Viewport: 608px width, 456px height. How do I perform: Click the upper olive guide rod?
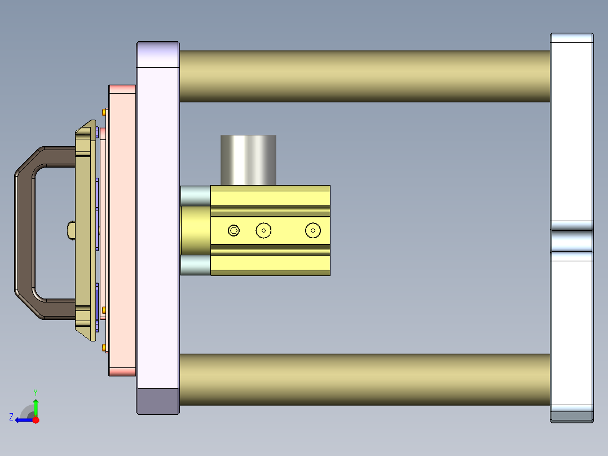[x=364, y=76]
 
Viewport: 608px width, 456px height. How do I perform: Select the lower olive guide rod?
[x=364, y=379]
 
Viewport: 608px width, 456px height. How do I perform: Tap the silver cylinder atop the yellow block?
[x=248, y=160]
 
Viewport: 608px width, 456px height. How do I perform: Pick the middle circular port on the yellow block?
[x=263, y=230]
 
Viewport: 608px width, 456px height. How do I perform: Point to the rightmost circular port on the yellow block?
[x=313, y=230]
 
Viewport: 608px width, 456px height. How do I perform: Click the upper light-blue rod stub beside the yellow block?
[x=195, y=196]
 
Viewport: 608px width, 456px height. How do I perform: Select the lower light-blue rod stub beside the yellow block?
[x=195, y=265]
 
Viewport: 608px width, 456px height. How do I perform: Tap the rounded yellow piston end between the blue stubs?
[x=195, y=230]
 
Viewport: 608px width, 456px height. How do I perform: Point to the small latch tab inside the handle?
[x=71, y=230]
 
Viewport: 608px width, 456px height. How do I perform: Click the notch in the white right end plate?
[x=572, y=240]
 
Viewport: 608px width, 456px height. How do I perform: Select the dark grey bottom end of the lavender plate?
[x=158, y=401]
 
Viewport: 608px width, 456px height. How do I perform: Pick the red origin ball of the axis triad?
[x=36, y=420]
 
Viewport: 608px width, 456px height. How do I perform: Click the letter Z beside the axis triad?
[x=11, y=417]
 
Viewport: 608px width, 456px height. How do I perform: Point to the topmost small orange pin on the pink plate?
[x=105, y=111]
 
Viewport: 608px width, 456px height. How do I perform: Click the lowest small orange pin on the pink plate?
[x=105, y=348]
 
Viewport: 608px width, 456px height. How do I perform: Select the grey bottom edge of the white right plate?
[x=572, y=416]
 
